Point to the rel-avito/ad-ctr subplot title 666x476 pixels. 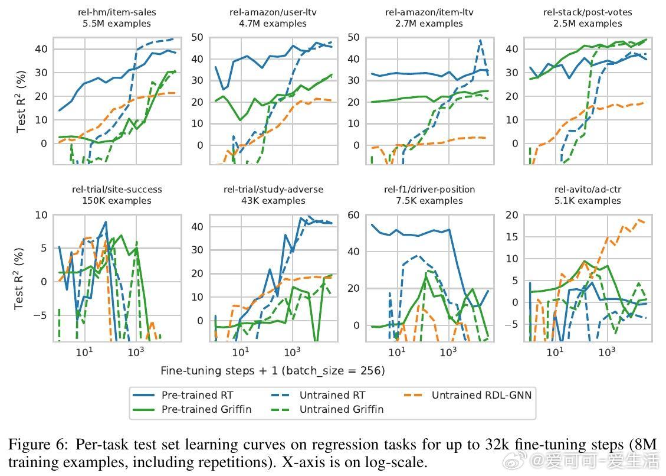[588, 190]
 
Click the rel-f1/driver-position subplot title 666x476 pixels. [429, 190]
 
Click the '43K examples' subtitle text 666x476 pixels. [273, 201]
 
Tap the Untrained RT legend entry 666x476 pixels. [332, 395]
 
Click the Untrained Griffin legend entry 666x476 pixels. [341, 409]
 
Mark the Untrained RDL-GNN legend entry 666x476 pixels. [481, 395]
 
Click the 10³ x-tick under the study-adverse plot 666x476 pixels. [291, 353]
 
